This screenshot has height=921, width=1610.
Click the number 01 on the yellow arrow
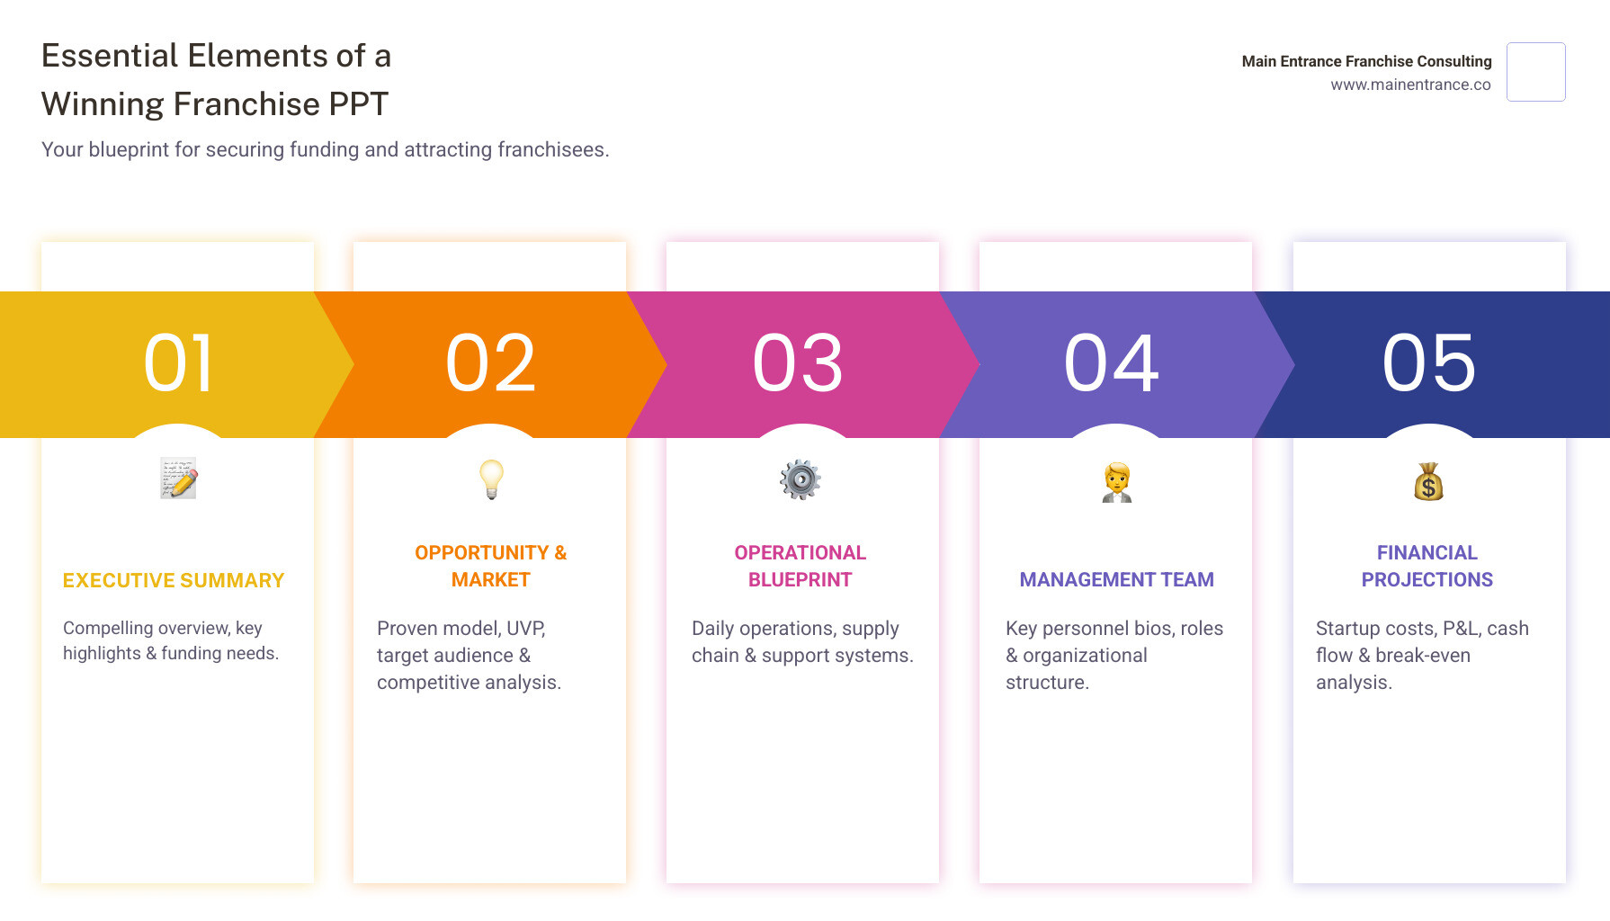click(x=179, y=363)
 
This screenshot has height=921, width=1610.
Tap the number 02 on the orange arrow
click(x=491, y=363)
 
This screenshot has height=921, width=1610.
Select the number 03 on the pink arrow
click(x=799, y=363)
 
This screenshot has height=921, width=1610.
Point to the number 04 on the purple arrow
click(x=1113, y=363)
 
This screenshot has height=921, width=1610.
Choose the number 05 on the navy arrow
click(x=1429, y=363)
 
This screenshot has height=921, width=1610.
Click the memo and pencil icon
click(x=179, y=478)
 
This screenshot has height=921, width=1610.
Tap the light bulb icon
click(x=491, y=478)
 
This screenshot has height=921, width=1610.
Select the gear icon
click(x=801, y=479)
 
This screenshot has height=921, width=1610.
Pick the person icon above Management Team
click(x=1117, y=482)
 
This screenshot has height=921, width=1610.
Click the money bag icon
click(x=1428, y=482)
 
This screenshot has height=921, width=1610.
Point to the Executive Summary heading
click(x=174, y=581)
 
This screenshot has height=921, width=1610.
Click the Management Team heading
click(x=1116, y=580)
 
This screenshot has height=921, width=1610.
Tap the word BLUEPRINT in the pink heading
click(x=800, y=580)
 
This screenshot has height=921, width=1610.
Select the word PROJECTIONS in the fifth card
click(x=1427, y=580)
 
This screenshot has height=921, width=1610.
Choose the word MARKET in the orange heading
click(x=490, y=580)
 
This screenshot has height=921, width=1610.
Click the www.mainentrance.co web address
click(x=1410, y=85)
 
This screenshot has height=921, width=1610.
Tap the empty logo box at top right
click(x=1535, y=72)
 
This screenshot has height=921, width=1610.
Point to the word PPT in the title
click(x=358, y=104)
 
